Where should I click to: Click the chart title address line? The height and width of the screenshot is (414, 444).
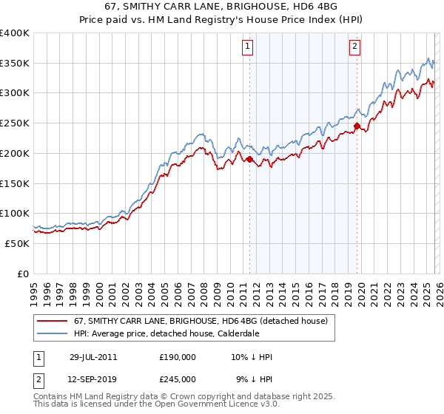(222, 7)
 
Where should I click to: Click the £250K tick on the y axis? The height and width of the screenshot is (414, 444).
(15, 123)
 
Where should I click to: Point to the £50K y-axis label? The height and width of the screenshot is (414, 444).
(17, 243)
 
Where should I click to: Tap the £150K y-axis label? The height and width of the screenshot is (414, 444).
(15, 183)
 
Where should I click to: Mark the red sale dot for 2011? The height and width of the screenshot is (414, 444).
(250, 159)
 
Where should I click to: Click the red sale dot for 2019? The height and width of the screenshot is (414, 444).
(357, 126)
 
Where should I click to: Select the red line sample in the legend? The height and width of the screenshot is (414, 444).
(52, 320)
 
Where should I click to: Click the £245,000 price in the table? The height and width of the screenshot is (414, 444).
(177, 379)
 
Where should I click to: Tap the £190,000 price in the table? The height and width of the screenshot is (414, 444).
(177, 357)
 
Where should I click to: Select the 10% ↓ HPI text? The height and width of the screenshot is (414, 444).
(252, 357)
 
